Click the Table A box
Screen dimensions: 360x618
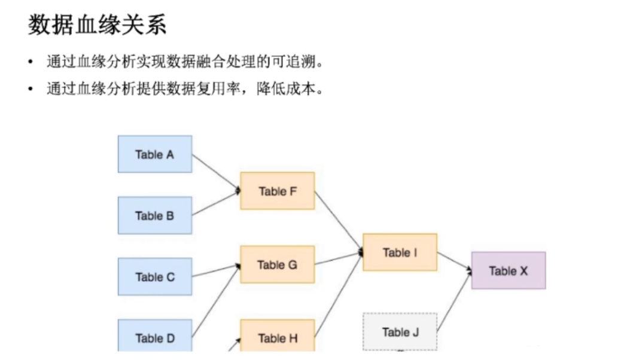155,154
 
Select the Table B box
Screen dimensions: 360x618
155,215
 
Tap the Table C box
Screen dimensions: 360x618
155,277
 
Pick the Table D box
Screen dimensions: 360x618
155,337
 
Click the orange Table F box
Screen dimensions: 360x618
277,191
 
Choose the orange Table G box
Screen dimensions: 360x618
277,264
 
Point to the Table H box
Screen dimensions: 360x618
277,338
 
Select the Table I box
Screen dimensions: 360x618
400,252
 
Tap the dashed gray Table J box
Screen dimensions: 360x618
400,332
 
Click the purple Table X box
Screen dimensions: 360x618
508,271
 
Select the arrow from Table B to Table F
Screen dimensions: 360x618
215,204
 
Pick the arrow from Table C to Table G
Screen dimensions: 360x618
215,271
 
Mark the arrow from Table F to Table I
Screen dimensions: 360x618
338,221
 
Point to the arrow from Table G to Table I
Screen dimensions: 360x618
338,258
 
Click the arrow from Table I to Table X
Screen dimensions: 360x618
454,261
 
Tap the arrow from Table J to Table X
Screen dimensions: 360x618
454,302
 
